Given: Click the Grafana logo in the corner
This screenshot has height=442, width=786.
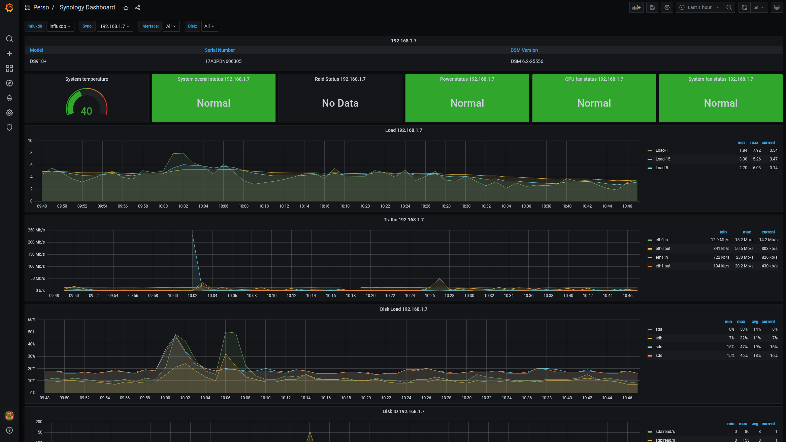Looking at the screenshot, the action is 9,7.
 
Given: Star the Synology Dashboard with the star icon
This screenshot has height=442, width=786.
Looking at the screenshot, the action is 126,8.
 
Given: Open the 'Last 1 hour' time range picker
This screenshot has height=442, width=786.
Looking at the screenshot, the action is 699,7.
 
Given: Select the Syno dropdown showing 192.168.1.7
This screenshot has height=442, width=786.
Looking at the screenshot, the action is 115,26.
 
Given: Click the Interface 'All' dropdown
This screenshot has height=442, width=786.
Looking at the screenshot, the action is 171,26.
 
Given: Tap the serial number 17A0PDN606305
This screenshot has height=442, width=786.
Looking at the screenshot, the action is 223,61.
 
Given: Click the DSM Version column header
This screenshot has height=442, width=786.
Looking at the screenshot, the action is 524,50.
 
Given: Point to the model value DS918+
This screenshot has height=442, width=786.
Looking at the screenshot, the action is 38,61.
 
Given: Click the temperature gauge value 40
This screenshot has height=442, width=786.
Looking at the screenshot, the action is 87,111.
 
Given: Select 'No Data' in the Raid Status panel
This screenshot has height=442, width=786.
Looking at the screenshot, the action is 340,103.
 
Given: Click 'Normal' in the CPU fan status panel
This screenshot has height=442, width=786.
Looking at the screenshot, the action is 594,103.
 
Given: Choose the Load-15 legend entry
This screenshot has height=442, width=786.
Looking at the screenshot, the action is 663,159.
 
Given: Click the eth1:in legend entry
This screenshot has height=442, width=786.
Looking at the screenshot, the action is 661,257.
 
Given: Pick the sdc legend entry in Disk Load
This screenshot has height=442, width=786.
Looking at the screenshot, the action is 659,347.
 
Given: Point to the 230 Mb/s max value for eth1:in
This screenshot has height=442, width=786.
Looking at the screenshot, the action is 745,257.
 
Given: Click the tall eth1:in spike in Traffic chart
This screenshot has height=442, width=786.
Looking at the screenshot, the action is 193,235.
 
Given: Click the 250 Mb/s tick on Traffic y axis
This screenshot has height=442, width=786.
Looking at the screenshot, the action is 36,230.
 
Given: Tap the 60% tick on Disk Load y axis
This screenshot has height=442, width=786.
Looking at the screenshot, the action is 32,320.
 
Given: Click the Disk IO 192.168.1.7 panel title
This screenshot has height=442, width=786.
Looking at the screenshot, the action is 403,411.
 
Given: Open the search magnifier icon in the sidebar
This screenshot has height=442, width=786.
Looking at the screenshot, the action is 9,39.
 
